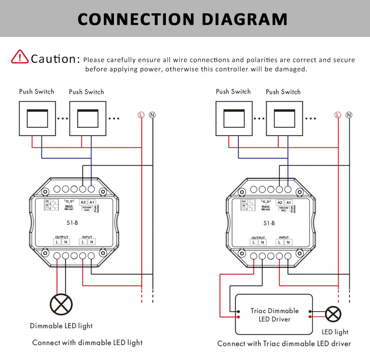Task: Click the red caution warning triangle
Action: (20, 57)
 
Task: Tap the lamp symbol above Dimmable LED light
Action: (61, 304)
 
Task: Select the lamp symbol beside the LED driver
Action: (333, 315)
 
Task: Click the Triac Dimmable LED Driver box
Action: (274, 315)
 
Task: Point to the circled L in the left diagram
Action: (141, 115)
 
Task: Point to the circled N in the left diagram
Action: (152, 115)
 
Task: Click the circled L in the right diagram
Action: (337, 115)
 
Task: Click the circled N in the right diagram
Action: (349, 115)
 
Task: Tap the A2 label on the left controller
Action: (83, 203)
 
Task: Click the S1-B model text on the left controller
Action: (73, 223)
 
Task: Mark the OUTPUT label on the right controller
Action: (258, 238)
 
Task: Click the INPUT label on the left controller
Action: (87, 237)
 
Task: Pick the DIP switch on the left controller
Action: (47, 205)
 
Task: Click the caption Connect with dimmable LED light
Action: (87, 343)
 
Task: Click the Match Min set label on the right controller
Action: (265, 208)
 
